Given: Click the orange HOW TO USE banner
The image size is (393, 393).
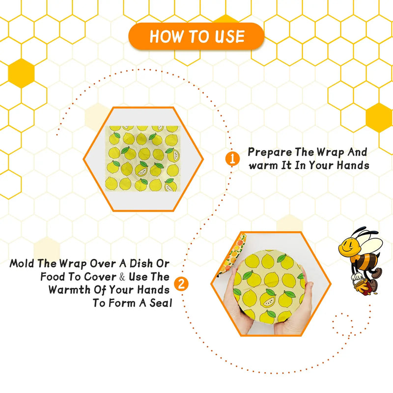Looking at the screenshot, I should (196, 36).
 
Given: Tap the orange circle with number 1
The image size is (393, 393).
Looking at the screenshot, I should (232, 159).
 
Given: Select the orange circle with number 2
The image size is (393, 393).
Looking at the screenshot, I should (182, 284).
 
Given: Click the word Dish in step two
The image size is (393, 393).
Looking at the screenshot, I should (144, 264).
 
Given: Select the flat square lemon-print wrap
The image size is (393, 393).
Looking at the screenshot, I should (142, 159).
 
